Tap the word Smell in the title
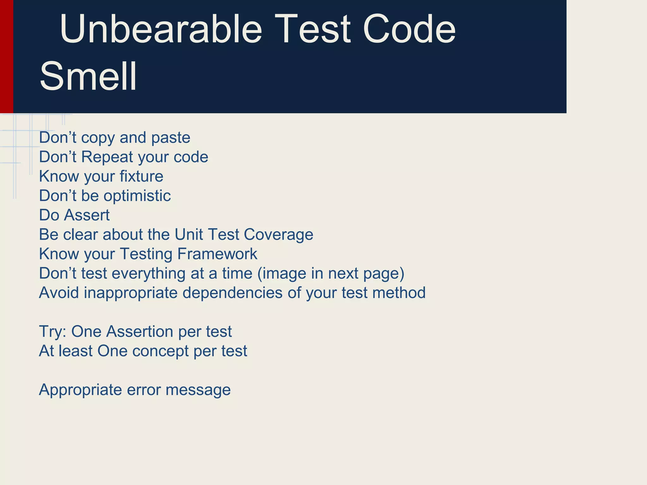88,76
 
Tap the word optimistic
137,196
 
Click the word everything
148,273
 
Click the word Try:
52,332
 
